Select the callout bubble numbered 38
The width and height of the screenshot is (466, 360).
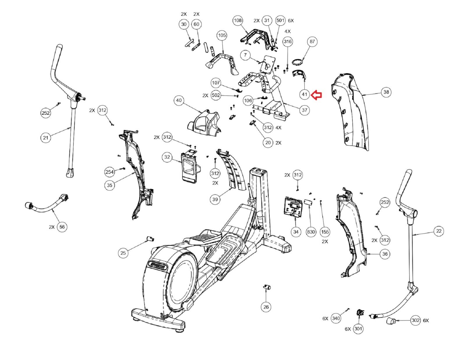[x=386, y=92]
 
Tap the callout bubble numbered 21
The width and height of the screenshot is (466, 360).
[x=45, y=137]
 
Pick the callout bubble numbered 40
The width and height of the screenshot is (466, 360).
[x=179, y=100]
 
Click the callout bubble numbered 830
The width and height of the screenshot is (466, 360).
[x=311, y=232]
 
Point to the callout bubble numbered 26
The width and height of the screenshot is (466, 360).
[x=266, y=307]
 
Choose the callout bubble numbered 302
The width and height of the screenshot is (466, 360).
[x=415, y=320]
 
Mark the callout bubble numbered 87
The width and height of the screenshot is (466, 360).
[x=312, y=42]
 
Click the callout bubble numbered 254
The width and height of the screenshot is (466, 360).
[x=110, y=172]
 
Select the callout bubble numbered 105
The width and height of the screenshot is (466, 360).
[x=222, y=35]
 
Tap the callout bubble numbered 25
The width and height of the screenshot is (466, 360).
[x=123, y=253]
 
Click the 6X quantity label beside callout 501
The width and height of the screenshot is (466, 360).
[x=291, y=20]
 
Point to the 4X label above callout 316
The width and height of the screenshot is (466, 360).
[x=287, y=31]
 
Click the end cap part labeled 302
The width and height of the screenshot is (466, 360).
[x=390, y=322]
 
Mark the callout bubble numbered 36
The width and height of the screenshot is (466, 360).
[x=385, y=254]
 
